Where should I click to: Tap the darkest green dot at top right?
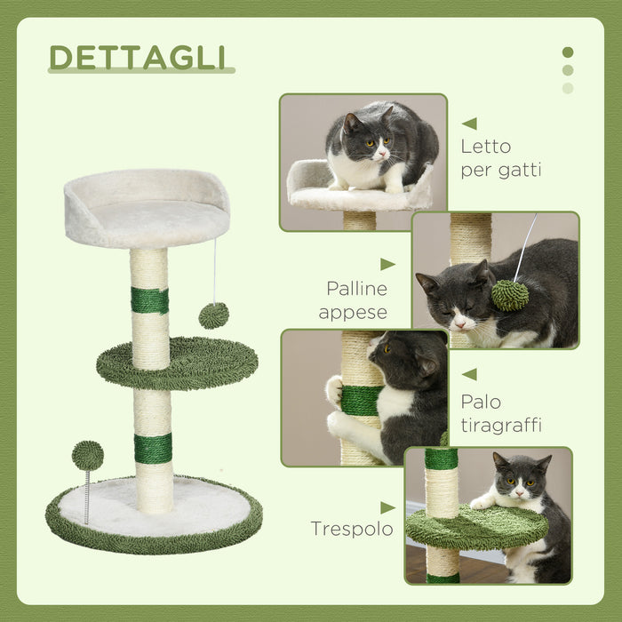click(568, 52)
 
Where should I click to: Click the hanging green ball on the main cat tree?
click(213, 315)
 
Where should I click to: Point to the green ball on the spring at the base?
click(87, 456)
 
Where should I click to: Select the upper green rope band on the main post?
click(149, 300)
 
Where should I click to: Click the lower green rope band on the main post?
click(153, 448)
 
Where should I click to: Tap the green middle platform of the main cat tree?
click(178, 362)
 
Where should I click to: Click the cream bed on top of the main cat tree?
click(147, 210)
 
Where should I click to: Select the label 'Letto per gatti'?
click(501, 158)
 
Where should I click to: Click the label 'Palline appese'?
click(356, 299)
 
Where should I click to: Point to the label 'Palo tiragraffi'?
click(501, 413)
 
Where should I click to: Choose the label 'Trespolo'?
click(352, 530)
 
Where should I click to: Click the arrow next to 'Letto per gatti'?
click(469, 124)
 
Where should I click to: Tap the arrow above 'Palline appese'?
click(387, 264)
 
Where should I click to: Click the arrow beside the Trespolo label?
click(387, 507)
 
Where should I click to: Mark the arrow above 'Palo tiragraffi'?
click(469, 374)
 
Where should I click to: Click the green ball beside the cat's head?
click(510, 295)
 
